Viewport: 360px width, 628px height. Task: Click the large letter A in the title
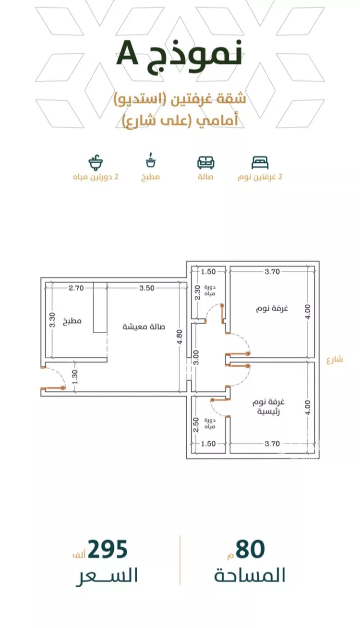(x=128, y=53)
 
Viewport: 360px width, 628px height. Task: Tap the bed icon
(x=260, y=163)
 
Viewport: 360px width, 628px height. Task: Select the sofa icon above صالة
(x=206, y=163)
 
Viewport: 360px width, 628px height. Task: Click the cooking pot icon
(x=151, y=160)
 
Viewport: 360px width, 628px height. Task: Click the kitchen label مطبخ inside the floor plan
(x=72, y=321)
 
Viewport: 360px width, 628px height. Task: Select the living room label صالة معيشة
(x=144, y=326)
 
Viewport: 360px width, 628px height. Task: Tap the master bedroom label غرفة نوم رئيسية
(x=269, y=407)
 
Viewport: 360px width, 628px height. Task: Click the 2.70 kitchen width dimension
(x=76, y=288)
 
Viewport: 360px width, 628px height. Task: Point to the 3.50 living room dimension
(x=147, y=288)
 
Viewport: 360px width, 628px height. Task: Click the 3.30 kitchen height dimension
(x=52, y=320)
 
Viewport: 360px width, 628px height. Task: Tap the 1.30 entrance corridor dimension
(x=75, y=377)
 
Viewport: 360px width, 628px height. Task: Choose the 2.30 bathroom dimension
(x=197, y=292)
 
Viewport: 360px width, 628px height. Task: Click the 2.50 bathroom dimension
(x=196, y=425)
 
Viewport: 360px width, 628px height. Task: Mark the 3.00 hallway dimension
(x=196, y=357)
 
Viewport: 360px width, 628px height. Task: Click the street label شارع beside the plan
(x=335, y=360)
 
